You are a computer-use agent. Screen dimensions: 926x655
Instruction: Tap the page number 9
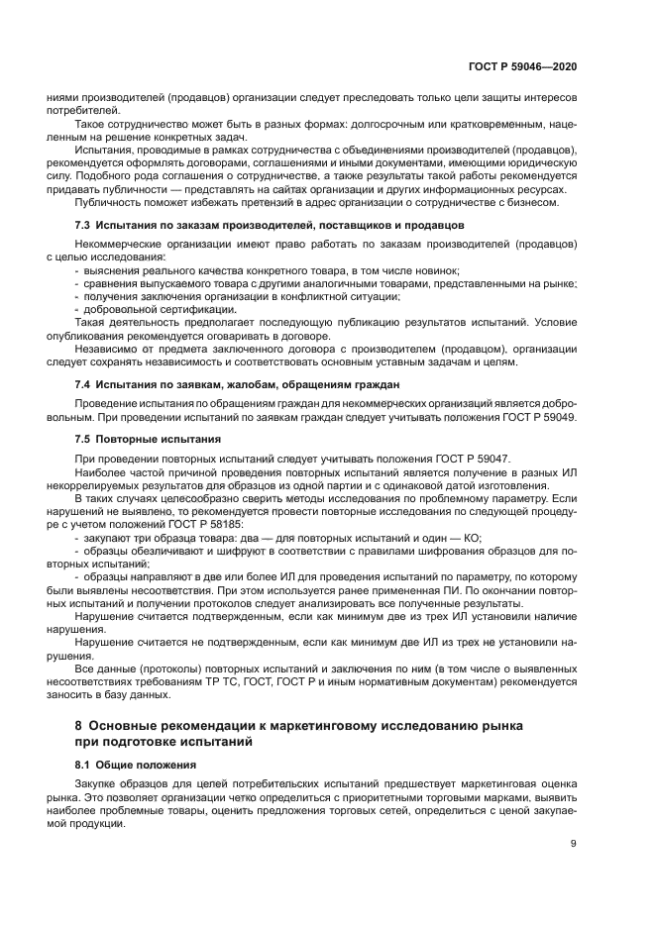[574, 843]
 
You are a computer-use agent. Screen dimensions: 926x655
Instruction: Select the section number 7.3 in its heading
[84, 227]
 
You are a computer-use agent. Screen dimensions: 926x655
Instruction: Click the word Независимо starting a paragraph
[111, 351]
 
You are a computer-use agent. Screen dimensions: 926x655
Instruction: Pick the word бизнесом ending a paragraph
[533, 203]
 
